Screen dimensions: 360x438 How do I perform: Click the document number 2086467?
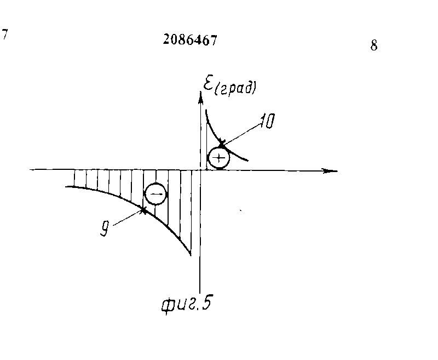[189, 39]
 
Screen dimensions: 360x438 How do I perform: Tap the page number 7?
[4, 35]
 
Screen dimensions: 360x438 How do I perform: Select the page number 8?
[374, 45]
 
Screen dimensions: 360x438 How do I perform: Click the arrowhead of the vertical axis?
[200, 94]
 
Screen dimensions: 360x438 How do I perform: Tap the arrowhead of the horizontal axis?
[330, 170]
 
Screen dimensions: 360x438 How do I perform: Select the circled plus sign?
[219, 158]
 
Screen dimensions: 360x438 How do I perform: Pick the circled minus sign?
[155, 194]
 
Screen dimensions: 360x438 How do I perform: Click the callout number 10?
[267, 122]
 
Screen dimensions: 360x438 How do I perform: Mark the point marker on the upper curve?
[222, 145]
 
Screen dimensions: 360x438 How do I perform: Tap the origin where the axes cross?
[200, 170]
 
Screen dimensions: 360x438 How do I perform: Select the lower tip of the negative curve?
[191, 255]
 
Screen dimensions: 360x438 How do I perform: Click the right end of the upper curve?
[248, 160]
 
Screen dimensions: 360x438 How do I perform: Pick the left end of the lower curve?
[66, 187]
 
